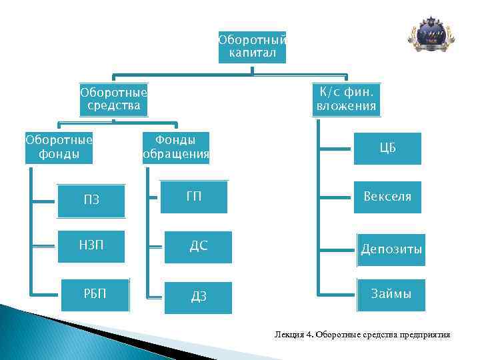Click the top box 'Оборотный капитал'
(x=252, y=47)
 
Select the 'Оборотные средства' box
(x=113, y=99)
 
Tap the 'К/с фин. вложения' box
(x=347, y=99)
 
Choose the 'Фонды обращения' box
(x=175, y=148)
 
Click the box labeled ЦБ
(x=387, y=148)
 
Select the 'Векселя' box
(x=387, y=197)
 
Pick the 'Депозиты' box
(x=391, y=249)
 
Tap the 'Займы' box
(x=391, y=295)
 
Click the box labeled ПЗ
(x=91, y=200)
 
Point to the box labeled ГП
(x=194, y=196)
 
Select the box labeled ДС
(x=199, y=247)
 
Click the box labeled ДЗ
(x=199, y=297)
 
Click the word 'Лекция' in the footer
(x=288, y=334)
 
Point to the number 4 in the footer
(x=310, y=334)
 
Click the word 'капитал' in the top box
(x=252, y=53)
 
